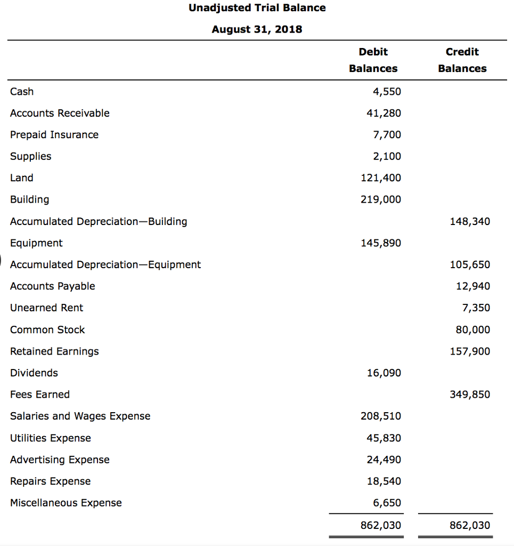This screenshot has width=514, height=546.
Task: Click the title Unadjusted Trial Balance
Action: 257,8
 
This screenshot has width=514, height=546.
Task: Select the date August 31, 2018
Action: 257,29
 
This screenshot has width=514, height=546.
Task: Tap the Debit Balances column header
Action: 373,60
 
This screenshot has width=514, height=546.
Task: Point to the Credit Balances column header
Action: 462,60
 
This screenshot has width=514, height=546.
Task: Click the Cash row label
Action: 22,92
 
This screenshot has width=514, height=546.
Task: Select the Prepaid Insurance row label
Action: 54,135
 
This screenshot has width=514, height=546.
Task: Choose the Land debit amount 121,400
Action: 381,178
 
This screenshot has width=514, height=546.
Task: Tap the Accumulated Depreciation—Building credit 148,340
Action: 470,221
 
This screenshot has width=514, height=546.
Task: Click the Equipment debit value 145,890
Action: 381,243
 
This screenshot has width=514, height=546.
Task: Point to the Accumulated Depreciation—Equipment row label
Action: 105,264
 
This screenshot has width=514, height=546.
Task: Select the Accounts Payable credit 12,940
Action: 473,286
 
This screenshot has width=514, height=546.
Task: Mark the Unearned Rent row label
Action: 47,308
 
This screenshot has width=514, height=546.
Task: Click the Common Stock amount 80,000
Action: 473,330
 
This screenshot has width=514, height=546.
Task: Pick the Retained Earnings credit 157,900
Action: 470,351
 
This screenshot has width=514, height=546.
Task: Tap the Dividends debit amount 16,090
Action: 384,373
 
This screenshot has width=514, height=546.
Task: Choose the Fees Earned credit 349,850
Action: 470,395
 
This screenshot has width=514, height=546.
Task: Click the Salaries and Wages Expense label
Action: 80,416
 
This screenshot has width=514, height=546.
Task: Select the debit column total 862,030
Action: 381,525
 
